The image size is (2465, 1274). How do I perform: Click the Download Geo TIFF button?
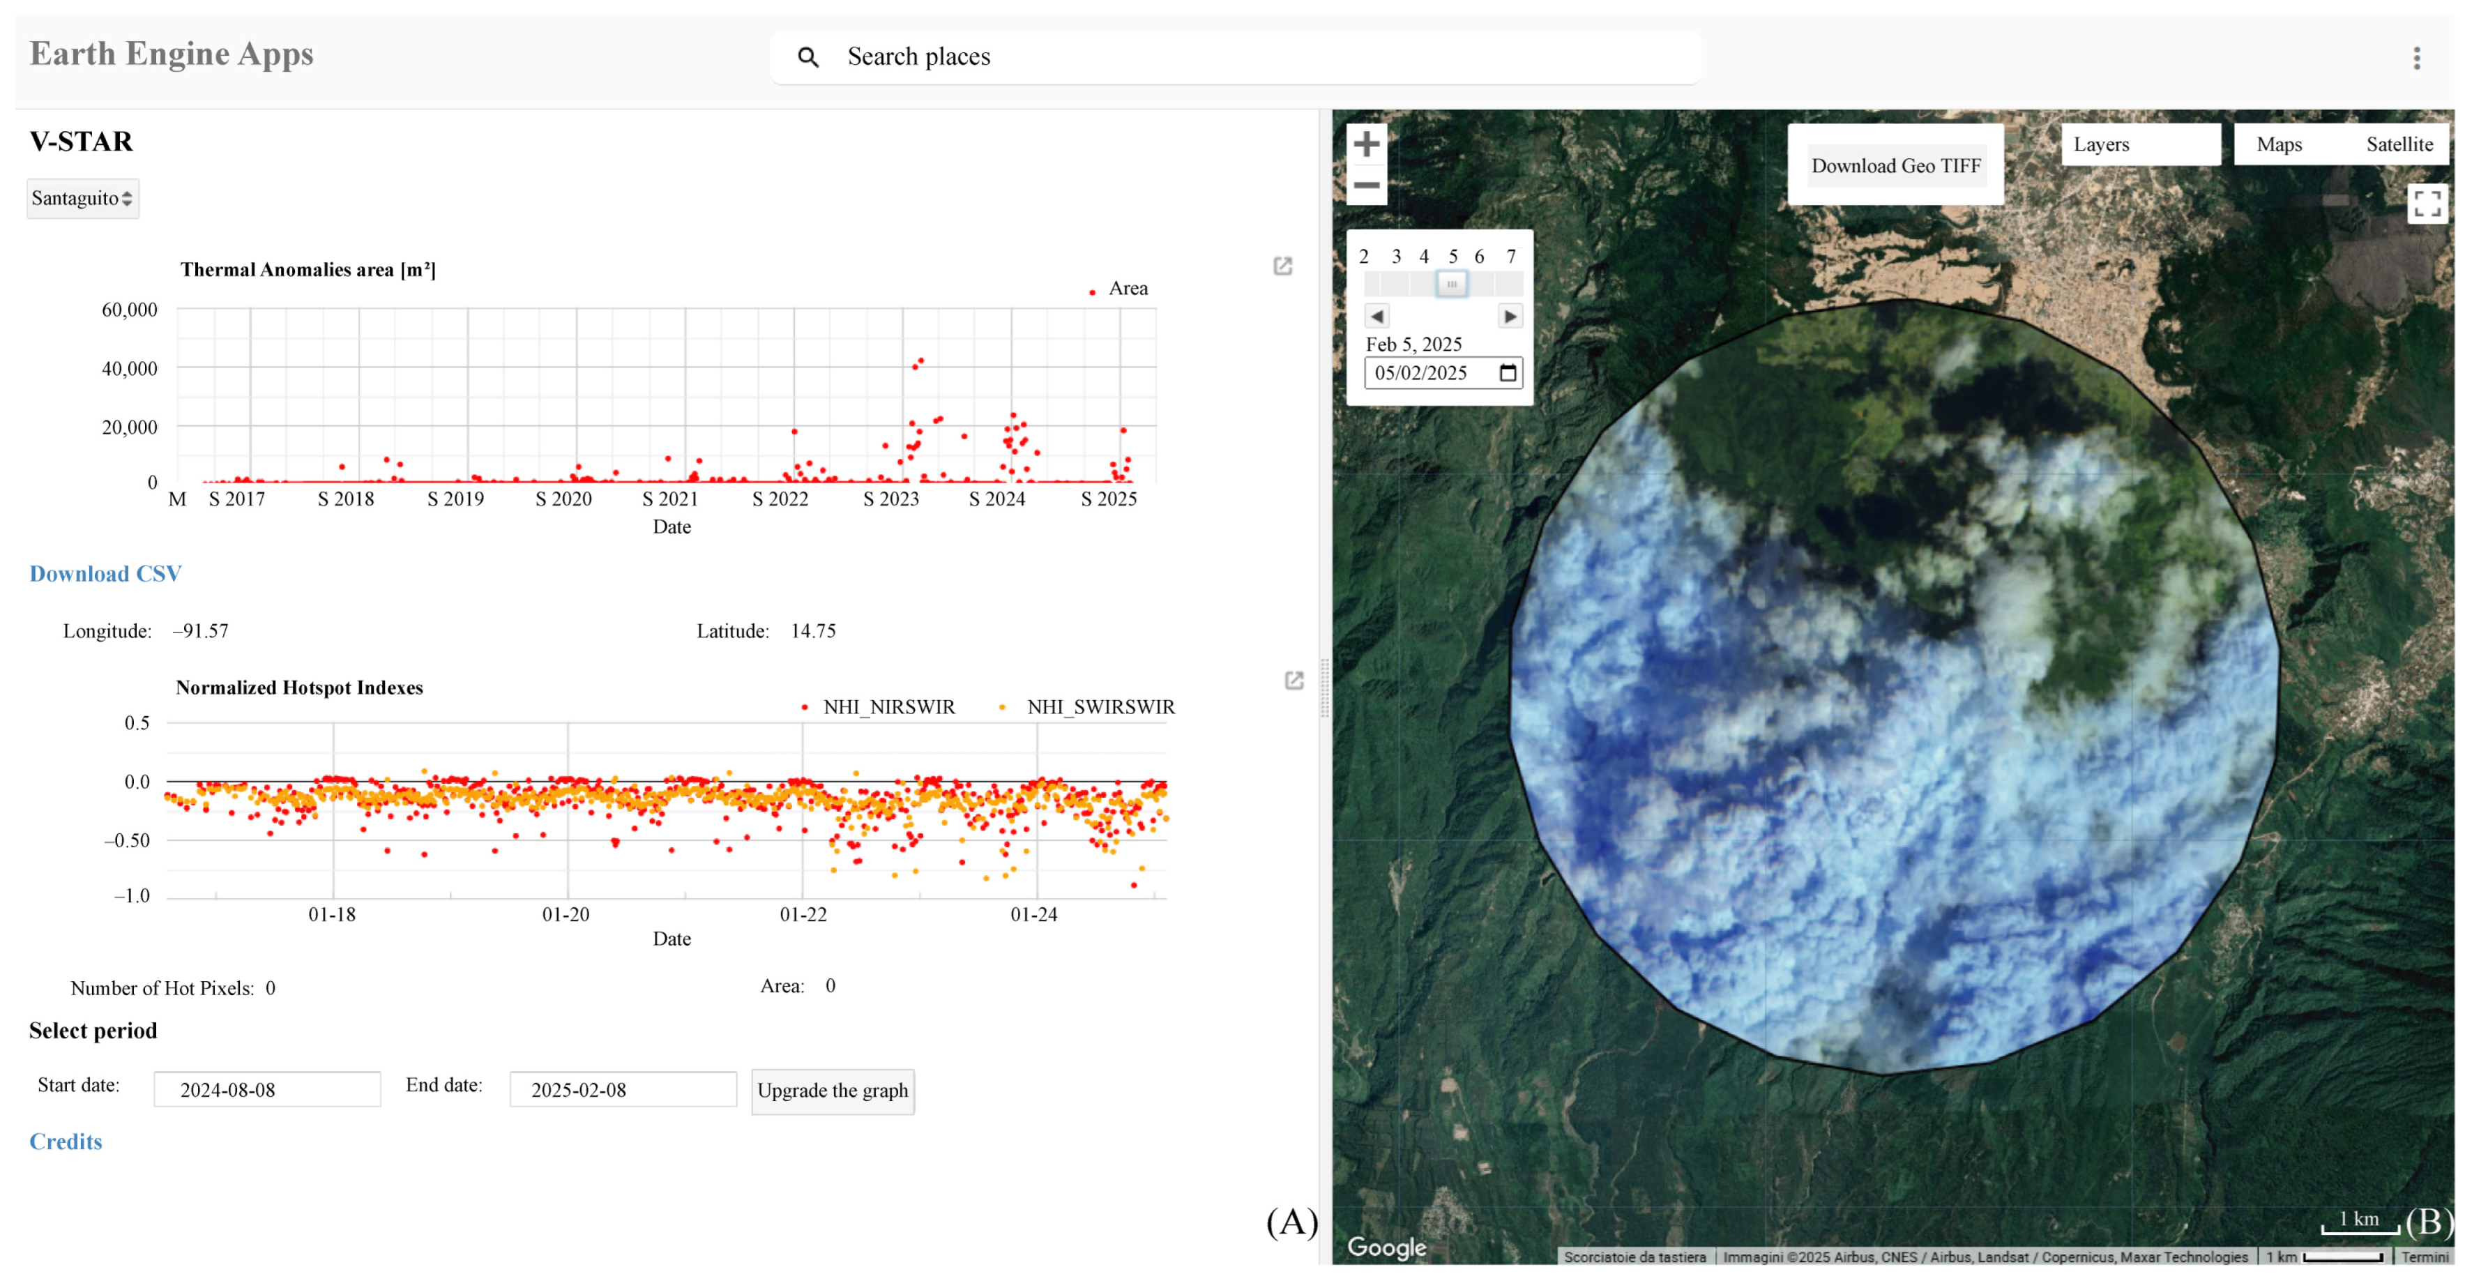pos(1895,165)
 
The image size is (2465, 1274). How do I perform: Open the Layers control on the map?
pos(2139,144)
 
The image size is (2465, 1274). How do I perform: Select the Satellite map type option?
pos(2398,144)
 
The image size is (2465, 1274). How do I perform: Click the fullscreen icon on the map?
pos(2427,203)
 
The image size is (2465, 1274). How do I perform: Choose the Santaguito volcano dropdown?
pos(82,198)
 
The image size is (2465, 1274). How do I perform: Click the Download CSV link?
pos(105,573)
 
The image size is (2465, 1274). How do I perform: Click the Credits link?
pos(65,1141)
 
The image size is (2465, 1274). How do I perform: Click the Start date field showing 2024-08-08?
pos(267,1089)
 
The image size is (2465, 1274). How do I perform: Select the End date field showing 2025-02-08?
pos(622,1089)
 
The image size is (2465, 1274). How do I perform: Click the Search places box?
pos(1234,57)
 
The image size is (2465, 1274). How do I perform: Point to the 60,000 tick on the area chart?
pos(129,309)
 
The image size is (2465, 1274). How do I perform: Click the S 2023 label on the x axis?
pos(890,499)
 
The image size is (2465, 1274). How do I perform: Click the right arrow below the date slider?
pos(1509,316)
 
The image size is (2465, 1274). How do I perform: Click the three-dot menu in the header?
pos(2416,59)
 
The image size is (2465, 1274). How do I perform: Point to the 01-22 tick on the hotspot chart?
pos(803,914)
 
